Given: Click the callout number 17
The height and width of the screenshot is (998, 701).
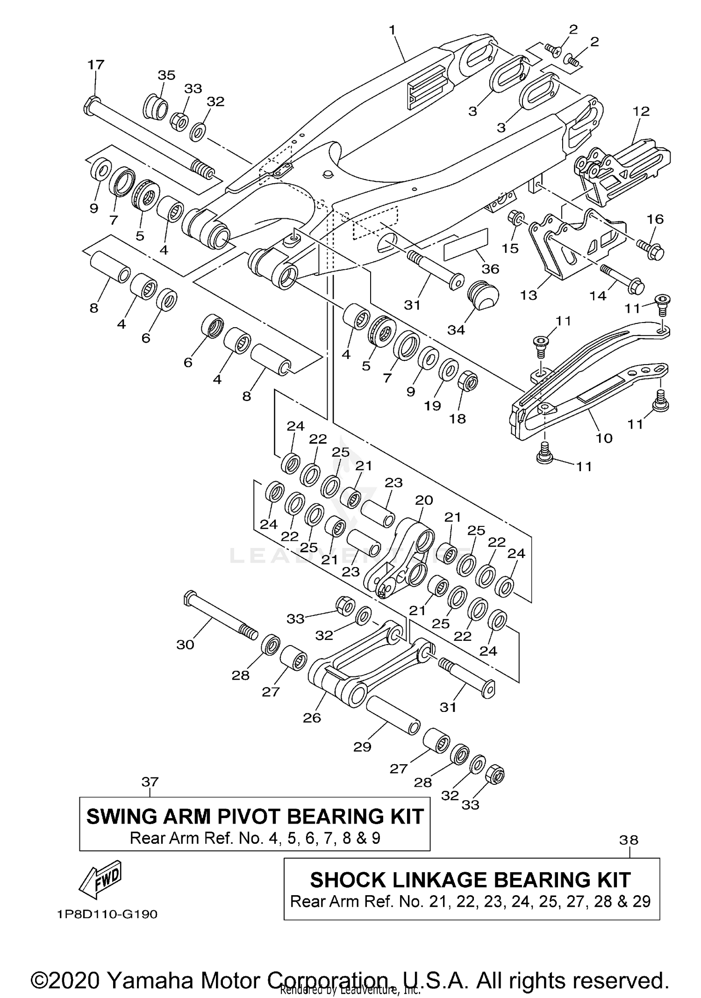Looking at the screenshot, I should (96, 65).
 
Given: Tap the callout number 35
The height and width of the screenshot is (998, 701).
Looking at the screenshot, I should (166, 75).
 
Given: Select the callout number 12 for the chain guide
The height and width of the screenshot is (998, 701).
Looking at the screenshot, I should (641, 111).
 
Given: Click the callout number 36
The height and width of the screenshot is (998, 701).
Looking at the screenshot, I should (490, 269).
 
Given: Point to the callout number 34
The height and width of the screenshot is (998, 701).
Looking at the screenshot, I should (456, 330).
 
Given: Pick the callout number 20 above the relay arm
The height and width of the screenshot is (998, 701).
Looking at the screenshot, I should (424, 500).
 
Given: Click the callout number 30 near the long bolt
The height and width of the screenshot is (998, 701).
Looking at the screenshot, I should (185, 645).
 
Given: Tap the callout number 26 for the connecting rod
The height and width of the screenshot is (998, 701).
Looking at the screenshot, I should (312, 718).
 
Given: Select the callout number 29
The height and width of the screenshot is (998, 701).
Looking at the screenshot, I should (362, 747).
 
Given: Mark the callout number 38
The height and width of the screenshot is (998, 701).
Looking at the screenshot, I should (629, 840).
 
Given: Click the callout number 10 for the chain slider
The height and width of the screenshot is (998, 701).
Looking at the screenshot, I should (604, 438).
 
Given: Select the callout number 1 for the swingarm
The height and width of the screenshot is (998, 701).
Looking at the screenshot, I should (392, 30).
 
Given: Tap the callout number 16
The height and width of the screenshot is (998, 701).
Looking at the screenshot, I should (655, 219).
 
